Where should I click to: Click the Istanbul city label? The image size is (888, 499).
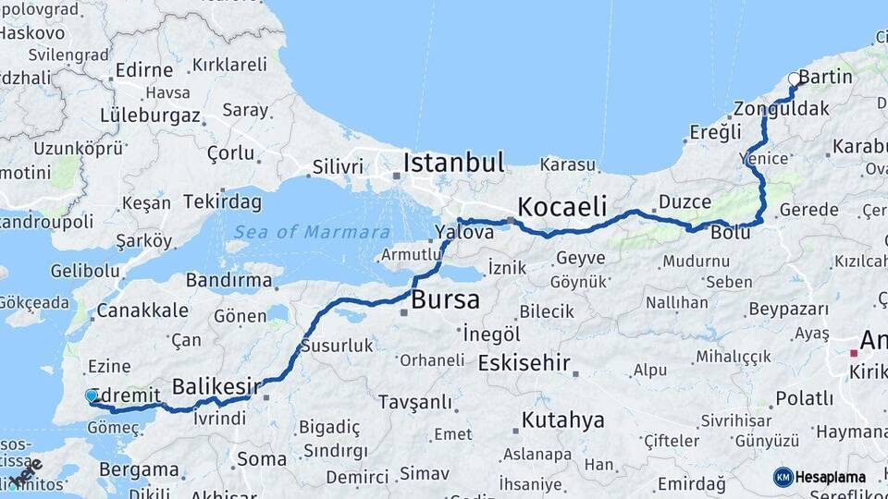tap(454, 164)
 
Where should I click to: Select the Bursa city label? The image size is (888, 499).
tap(445, 300)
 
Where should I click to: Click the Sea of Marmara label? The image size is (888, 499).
tap(312, 232)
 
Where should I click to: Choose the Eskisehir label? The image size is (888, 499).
tap(524, 363)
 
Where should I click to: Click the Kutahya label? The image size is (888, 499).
tap(562, 421)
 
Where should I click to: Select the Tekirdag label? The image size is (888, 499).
tap(222, 201)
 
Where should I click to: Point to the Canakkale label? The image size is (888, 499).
tap(142, 310)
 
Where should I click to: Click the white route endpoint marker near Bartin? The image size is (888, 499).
tap(794, 79)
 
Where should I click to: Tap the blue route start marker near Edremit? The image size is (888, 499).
tap(91, 396)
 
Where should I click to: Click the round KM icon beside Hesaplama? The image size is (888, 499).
tap(783, 477)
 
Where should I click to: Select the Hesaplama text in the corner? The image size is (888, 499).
tap(831, 478)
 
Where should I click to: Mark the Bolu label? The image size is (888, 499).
tap(730, 232)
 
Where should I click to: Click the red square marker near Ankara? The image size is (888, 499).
tap(854, 352)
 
